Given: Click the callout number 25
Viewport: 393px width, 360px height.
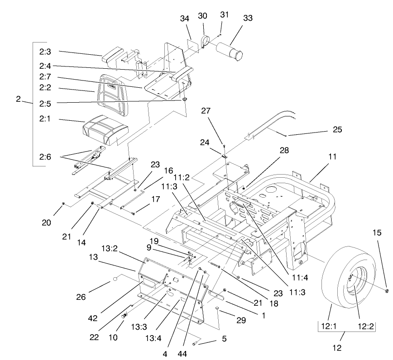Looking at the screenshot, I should [x=335, y=130].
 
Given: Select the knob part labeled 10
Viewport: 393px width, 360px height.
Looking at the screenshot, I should [x=124, y=315].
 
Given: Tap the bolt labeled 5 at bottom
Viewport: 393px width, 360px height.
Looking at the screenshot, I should [x=195, y=344].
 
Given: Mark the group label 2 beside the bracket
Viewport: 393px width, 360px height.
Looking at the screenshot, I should [x=18, y=99].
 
